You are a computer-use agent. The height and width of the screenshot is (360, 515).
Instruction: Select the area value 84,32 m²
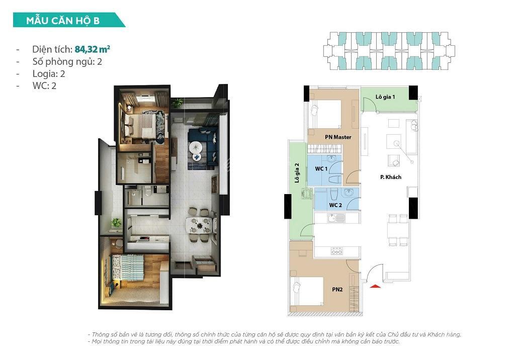tap(93, 49)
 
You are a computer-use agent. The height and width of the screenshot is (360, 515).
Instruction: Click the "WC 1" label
tap(321, 168)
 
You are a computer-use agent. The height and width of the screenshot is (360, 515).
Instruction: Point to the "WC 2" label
tap(335, 205)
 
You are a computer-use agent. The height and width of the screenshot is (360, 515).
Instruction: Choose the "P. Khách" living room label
tap(391, 177)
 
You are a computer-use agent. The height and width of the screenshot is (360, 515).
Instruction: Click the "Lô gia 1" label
tap(385, 97)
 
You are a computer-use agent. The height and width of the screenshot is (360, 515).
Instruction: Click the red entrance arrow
tap(375, 286)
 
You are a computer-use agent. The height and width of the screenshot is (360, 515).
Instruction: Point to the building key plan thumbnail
tap(389, 51)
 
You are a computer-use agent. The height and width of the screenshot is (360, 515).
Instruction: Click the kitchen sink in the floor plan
tap(336, 218)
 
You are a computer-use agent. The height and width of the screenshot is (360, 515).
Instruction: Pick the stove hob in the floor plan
tap(336, 251)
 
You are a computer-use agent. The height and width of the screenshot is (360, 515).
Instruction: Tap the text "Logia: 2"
tap(48, 74)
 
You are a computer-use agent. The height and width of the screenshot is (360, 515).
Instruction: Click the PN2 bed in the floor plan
tap(307, 291)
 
